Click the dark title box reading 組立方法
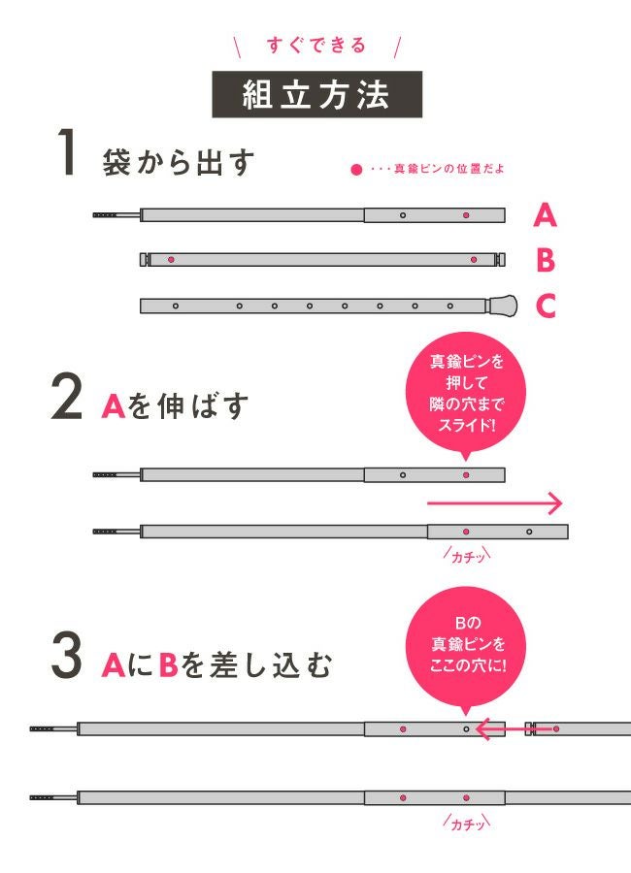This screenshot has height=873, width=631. click(x=316, y=94)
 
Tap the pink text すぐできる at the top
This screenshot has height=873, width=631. click(x=316, y=45)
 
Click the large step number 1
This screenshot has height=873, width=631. click(x=67, y=152)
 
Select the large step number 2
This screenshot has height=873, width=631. click(x=66, y=397)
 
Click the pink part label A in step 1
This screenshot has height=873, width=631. click(x=545, y=215)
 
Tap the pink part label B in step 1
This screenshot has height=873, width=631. click(x=546, y=260)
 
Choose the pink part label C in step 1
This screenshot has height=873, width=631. click(x=546, y=306)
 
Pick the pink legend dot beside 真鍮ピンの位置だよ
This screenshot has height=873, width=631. click(x=356, y=169)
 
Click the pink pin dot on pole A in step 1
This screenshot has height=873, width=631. click(x=466, y=215)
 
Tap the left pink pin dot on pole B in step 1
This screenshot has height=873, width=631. click(x=171, y=259)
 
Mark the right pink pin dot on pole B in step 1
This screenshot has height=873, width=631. click(x=474, y=259)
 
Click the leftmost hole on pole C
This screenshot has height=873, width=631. click(x=176, y=306)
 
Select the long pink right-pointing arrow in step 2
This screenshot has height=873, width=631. click(x=495, y=503)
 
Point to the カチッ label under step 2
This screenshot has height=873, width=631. click(x=467, y=556)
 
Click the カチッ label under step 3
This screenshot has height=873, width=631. click(x=467, y=823)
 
